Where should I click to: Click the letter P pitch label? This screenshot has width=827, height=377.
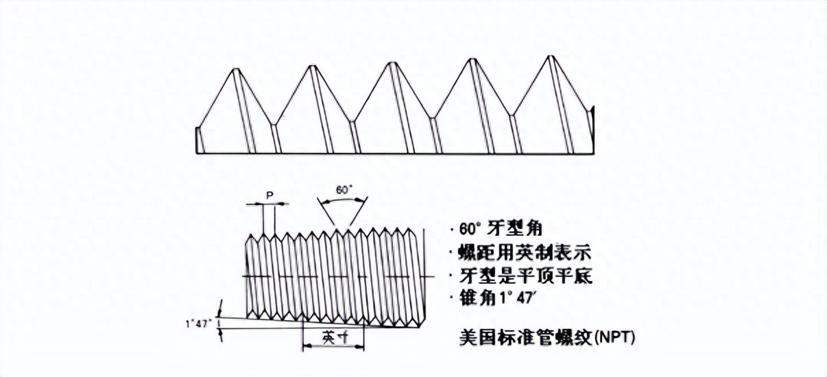tap(269, 195)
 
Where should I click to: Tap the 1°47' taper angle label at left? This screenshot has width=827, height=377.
tap(198, 322)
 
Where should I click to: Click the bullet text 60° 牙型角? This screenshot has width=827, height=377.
tap(491, 229)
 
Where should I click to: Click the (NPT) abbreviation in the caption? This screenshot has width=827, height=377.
tap(614, 337)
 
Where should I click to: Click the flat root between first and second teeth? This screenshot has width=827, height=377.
tap(274, 125)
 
